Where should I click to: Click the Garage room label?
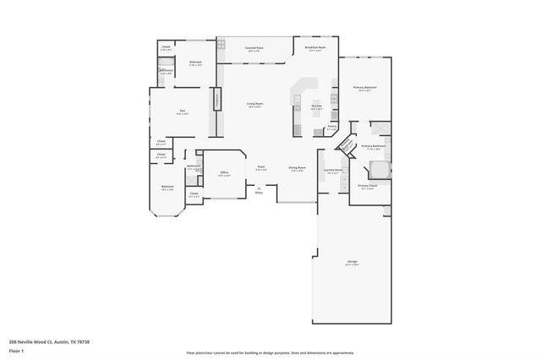click(352, 262)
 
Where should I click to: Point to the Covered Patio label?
click(254, 48)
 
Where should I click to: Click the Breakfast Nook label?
click(315, 48)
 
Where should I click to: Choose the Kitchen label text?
click(316, 106)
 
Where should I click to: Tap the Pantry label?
click(332, 127)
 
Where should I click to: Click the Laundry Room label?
click(333, 170)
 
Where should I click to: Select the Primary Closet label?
click(367, 186)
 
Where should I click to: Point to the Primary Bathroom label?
click(373, 146)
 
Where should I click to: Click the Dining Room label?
click(296, 168)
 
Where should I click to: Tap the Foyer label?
click(262, 168)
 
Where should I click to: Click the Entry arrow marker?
click(259, 189)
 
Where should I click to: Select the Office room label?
click(224, 172)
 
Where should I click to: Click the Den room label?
click(182, 111)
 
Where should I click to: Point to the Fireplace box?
click(217, 100)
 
